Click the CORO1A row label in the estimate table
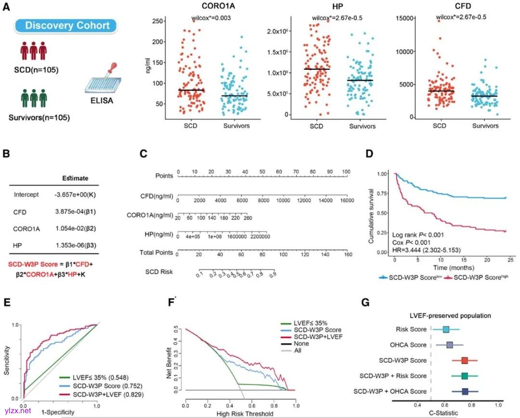click(x=27, y=228)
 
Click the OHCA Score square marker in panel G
click(x=450, y=345)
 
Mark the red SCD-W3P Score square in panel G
click(x=465, y=360)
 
